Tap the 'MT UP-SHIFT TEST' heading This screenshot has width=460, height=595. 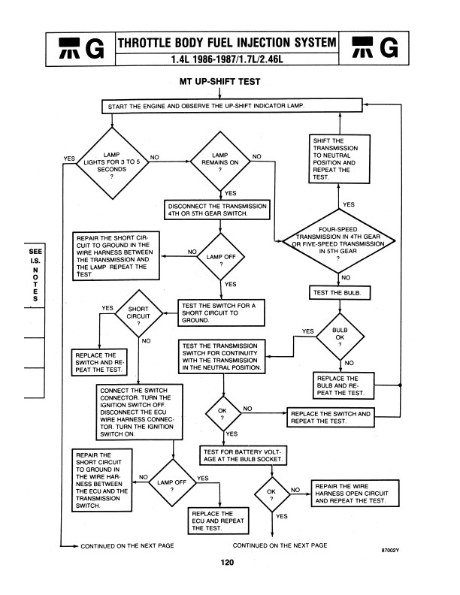click(x=218, y=80)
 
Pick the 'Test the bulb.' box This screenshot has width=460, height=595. click(x=340, y=292)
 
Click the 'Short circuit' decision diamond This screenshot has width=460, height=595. click(x=138, y=313)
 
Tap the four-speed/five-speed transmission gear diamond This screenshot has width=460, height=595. click(x=339, y=241)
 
